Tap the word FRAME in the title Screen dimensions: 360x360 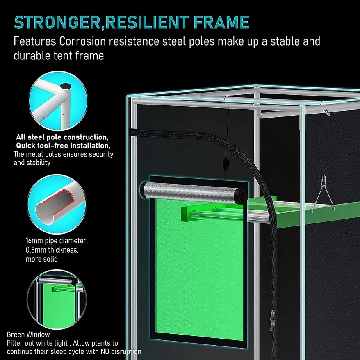click(x=221, y=22)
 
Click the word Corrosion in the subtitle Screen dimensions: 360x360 click(x=82, y=41)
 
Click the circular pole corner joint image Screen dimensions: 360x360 click(x=58, y=100)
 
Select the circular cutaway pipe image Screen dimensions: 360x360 click(x=57, y=204)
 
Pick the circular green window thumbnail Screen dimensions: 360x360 click(x=57, y=299)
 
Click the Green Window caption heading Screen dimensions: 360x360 click(x=28, y=334)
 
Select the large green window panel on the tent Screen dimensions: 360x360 click(x=199, y=269)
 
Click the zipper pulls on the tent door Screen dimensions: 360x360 click(x=273, y=320)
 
